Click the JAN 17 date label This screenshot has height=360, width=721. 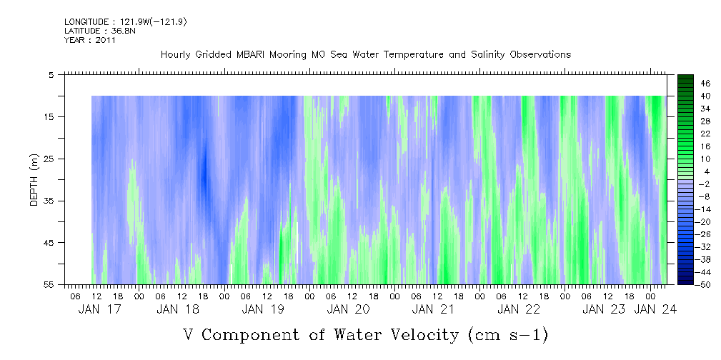[x=100, y=309]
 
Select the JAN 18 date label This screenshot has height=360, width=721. [x=178, y=309]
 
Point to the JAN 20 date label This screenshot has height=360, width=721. [x=348, y=309]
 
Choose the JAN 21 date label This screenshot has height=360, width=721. [x=433, y=309]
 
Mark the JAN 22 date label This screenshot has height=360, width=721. [x=518, y=309]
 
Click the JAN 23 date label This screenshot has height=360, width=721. [x=604, y=309]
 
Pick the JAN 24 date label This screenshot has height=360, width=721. [x=655, y=309]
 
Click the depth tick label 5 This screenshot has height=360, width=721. [x=51, y=74]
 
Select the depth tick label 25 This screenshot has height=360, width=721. [x=49, y=159]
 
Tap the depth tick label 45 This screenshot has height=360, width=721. [x=49, y=243]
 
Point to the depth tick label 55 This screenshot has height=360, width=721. [x=49, y=284]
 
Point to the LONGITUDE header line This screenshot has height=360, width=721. [x=126, y=22]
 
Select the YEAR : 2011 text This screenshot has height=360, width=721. [x=89, y=40]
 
